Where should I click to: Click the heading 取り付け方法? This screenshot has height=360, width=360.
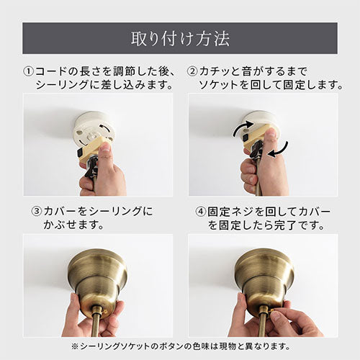[180, 39]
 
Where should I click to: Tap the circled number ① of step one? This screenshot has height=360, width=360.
[29, 72]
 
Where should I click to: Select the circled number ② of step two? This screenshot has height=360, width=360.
[192, 72]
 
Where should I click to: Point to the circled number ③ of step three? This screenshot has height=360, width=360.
[37, 212]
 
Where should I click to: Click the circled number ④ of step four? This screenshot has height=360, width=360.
[201, 212]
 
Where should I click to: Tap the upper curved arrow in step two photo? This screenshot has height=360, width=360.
[243, 127]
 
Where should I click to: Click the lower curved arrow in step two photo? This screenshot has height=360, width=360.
[279, 150]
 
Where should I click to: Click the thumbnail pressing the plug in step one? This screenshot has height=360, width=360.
[104, 147]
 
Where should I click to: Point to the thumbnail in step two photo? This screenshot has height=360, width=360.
[271, 132]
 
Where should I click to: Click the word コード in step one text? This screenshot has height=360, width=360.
[51, 72]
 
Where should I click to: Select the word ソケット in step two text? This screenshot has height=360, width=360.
[218, 85]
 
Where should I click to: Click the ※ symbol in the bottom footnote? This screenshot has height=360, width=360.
[75, 346]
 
